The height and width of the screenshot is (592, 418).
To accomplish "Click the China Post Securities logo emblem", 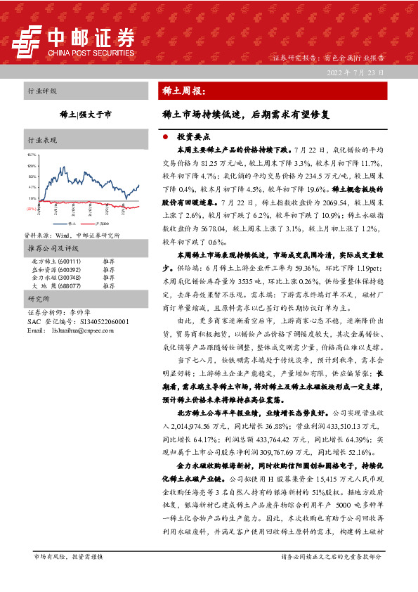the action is (29, 41).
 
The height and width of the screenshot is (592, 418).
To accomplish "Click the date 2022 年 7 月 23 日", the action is (356, 72).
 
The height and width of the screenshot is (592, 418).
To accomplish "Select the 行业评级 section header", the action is (42, 91).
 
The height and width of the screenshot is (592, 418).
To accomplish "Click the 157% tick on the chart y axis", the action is (31, 154).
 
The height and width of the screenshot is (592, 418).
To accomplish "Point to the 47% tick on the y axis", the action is (31, 188).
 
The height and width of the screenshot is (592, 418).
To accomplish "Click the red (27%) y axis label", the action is (30, 210).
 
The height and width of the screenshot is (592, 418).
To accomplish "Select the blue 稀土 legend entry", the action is (62, 224).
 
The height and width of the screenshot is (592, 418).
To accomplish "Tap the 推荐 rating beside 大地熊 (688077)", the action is (107, 286).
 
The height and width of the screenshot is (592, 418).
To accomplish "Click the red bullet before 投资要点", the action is (164, 138).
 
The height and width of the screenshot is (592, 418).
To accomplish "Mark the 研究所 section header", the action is (39, 299).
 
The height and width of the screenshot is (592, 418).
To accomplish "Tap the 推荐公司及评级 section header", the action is (52, 249).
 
